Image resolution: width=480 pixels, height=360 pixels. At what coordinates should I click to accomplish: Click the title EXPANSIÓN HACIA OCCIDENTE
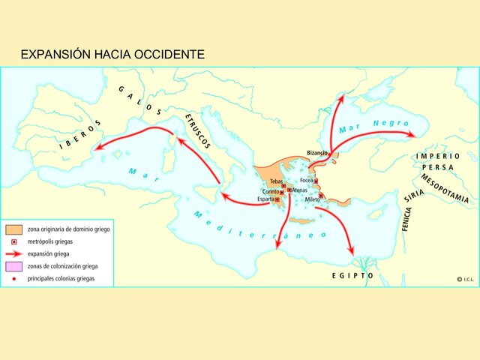click(112, 55)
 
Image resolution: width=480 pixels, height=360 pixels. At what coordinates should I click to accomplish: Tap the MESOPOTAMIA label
click(444, 189)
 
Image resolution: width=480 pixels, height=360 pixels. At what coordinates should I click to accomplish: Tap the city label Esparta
click(265, 199)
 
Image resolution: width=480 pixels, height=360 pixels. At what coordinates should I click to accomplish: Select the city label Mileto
click(312, 199)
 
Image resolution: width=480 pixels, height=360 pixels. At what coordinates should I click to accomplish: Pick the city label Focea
click(307, 181)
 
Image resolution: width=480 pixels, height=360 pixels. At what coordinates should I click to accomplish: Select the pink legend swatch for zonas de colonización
click(13, 266)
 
